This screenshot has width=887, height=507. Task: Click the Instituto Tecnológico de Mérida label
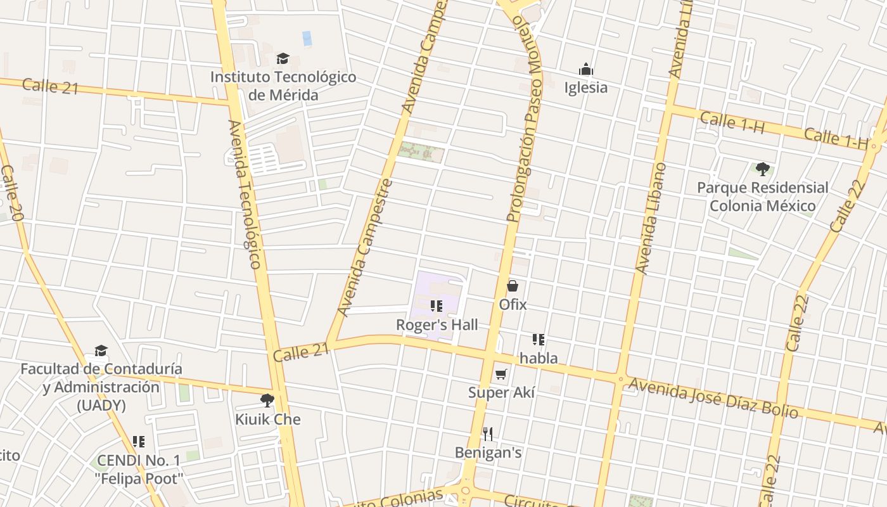283,86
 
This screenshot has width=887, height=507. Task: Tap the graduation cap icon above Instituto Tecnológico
283,59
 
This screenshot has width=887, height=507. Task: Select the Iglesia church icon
586,69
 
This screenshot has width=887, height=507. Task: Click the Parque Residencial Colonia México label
762,196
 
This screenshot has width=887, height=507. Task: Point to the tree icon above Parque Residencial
763,169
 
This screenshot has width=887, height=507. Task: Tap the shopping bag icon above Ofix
513,286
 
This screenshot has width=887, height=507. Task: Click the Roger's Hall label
437,324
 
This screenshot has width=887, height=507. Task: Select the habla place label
539,358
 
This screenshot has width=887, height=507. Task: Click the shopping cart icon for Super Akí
501,374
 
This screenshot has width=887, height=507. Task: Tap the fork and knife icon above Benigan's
488,434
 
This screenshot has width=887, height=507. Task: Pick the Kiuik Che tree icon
267,401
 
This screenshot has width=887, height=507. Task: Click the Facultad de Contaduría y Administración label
101,387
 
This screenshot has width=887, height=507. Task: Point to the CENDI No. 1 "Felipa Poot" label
139,469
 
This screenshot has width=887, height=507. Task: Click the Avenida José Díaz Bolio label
713,398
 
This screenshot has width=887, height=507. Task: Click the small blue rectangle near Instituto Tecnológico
307,38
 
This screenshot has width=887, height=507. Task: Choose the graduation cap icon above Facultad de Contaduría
101,351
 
